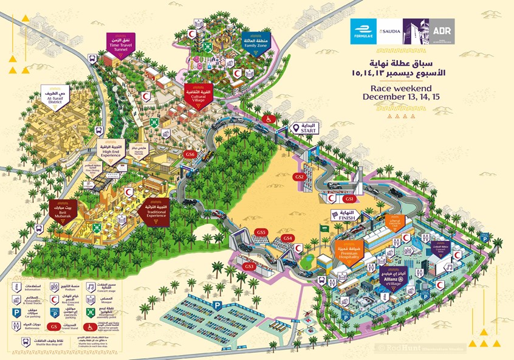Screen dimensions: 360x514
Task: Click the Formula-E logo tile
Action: coord(364,32)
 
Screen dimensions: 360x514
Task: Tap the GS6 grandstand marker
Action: coord(190,154)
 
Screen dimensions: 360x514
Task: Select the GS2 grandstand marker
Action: coord(299,176)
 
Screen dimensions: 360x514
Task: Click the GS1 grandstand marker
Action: coord(349,199)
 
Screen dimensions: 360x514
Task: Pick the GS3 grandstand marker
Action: coord(249,266)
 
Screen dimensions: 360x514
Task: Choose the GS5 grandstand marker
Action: coord(261,232)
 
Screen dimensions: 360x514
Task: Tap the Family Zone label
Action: coord(255,41)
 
